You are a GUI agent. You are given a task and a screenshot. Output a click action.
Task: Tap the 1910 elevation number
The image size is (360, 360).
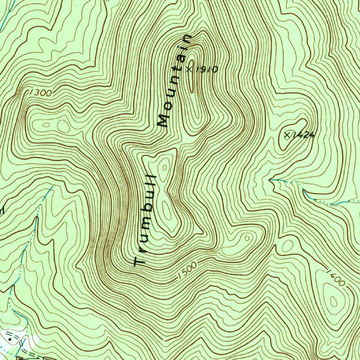tap(206, 70)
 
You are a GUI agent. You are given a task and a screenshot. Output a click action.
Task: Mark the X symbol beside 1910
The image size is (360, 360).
tap(189, 69)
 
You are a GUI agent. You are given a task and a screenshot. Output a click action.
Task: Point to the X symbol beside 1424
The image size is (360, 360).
tap(288, 134)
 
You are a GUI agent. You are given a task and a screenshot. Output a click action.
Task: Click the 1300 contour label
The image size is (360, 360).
tap(41, 93)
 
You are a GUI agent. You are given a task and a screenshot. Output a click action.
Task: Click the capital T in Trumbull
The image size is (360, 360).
tap(140, 262)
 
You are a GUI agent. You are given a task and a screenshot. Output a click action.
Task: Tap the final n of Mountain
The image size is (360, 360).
tap(186, 39)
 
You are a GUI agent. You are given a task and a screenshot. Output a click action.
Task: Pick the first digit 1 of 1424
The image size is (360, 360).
tap(294, 134)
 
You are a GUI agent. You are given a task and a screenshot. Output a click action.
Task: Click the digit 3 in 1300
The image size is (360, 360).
tap(37, 93)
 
